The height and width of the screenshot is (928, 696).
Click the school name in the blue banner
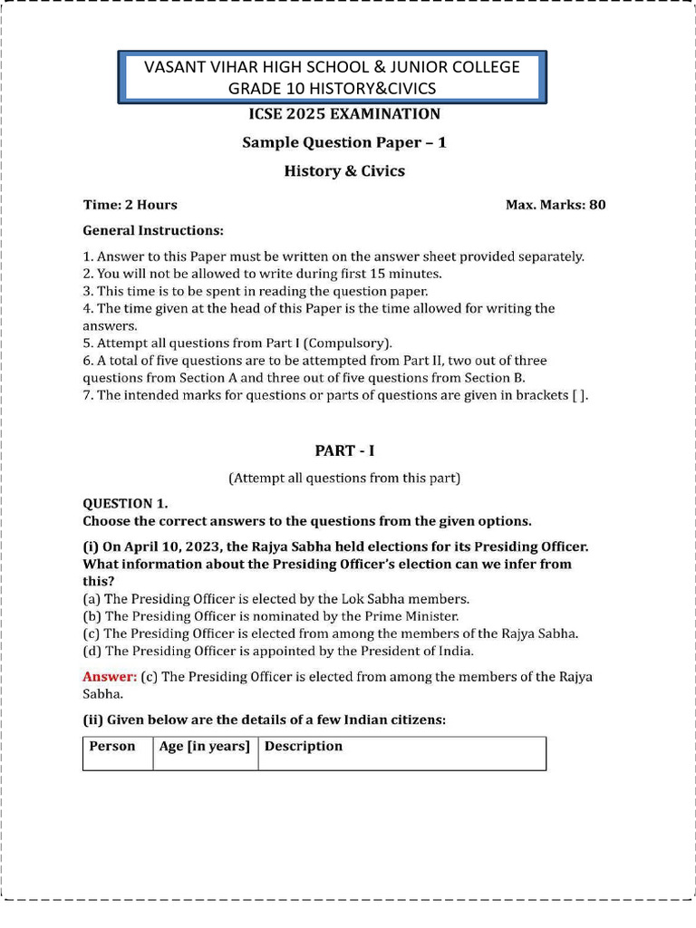click(333, 67)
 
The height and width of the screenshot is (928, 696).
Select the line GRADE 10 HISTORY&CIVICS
click(333, 88)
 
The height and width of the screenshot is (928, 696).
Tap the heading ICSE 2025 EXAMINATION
click(344, 114)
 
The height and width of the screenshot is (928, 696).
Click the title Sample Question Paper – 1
click(344, 142)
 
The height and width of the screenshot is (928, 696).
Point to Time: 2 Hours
click(130, 205)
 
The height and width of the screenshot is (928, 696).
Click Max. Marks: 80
click(556, 205)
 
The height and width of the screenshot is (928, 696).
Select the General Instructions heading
click(153, 231)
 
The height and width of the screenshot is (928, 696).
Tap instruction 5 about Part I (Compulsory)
click(237, 343)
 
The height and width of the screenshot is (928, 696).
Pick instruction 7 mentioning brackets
click(335, 395)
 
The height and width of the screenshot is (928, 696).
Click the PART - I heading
click(344, 450)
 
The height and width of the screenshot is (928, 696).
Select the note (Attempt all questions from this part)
click(344, 478)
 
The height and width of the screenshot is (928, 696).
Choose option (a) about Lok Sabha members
click(275, 599)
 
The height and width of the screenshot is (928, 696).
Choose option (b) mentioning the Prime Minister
click(273, 616)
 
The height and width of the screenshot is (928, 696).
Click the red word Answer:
click(110, 677)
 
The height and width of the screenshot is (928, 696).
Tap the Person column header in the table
click(111, 747)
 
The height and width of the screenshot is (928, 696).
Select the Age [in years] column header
click(205, 747)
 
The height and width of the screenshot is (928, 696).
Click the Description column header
click(304, 747)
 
